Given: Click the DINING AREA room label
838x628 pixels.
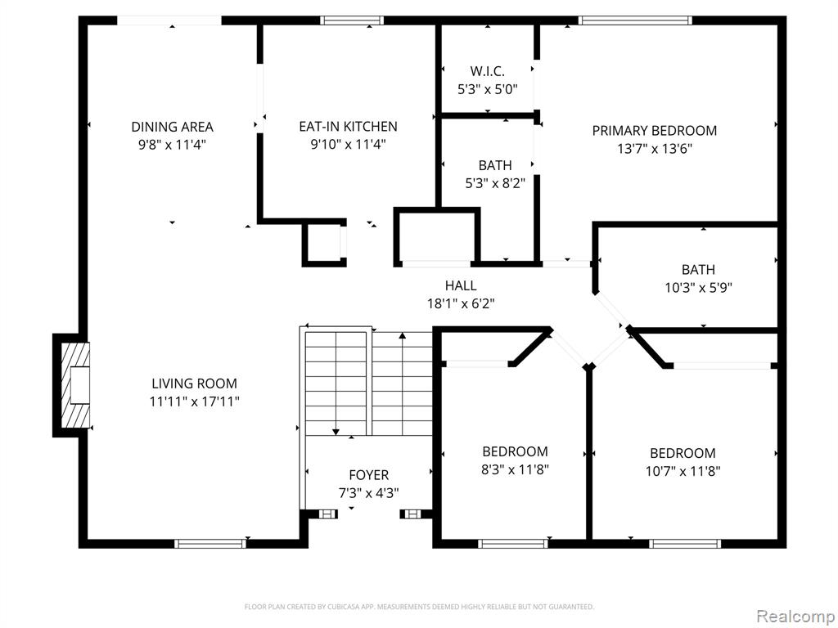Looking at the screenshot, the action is point(172,127).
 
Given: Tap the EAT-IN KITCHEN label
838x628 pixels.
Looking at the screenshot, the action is point(348,127).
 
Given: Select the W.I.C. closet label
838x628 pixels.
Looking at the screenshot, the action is point(488,71).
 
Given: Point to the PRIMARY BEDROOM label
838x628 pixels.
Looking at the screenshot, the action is point(654,131).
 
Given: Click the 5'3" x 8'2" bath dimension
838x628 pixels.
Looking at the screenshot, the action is point(495,184).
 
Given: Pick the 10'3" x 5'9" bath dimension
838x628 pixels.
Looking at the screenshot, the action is point(698,288).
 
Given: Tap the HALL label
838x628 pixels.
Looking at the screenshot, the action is point(461,285).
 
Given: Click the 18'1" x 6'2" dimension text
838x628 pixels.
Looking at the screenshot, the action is point(461,304).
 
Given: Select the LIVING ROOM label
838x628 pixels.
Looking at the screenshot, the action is point(194,384).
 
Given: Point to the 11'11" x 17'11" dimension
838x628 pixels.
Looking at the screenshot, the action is point(194,401).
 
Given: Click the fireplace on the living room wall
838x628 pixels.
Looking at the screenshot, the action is point(75,385).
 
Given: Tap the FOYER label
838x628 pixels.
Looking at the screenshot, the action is point(369,475).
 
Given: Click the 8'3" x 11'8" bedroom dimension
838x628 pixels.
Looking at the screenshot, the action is point(515,470).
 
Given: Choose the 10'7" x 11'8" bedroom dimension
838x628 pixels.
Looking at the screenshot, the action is point(683,472).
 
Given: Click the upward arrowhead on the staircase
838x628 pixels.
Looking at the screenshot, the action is point(402,336).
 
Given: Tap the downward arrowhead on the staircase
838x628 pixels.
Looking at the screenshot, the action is point(336,432).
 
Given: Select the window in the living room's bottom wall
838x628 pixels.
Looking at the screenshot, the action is point(210,544).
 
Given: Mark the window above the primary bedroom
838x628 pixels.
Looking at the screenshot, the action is point(635,20).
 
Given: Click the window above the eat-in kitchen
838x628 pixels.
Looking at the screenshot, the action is point(352,20).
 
